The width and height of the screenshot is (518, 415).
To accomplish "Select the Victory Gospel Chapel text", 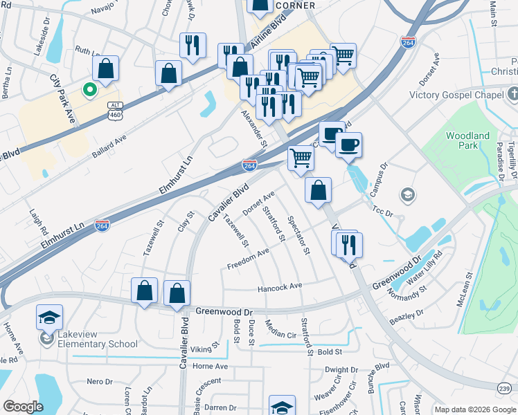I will coord(455,95).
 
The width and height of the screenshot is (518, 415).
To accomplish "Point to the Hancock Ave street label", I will coord(280,286).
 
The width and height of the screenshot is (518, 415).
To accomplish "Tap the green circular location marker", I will coord(89,89).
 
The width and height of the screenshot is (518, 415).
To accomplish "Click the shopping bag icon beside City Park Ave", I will coord(105,68).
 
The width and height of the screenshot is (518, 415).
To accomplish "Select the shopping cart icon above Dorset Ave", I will coord(301,157).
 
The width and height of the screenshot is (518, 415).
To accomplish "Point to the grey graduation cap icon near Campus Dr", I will coord(407,194).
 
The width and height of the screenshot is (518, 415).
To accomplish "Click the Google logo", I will coord(23,407).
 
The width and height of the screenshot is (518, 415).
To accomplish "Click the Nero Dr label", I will coord(100,381).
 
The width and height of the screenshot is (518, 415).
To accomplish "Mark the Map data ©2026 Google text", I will coord(474,409).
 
